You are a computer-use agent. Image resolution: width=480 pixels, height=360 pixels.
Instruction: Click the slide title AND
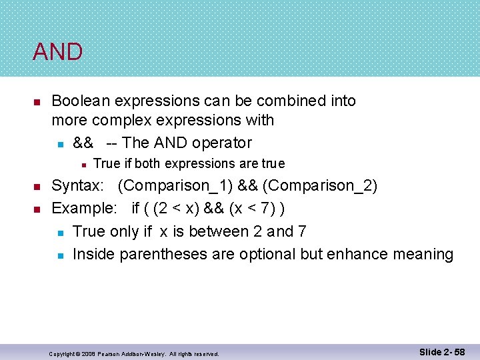(x=57, y=51)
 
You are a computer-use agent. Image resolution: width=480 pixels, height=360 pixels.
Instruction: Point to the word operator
(x=223, y=143)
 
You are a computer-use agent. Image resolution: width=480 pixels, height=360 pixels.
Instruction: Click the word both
(x=148, y=164)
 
